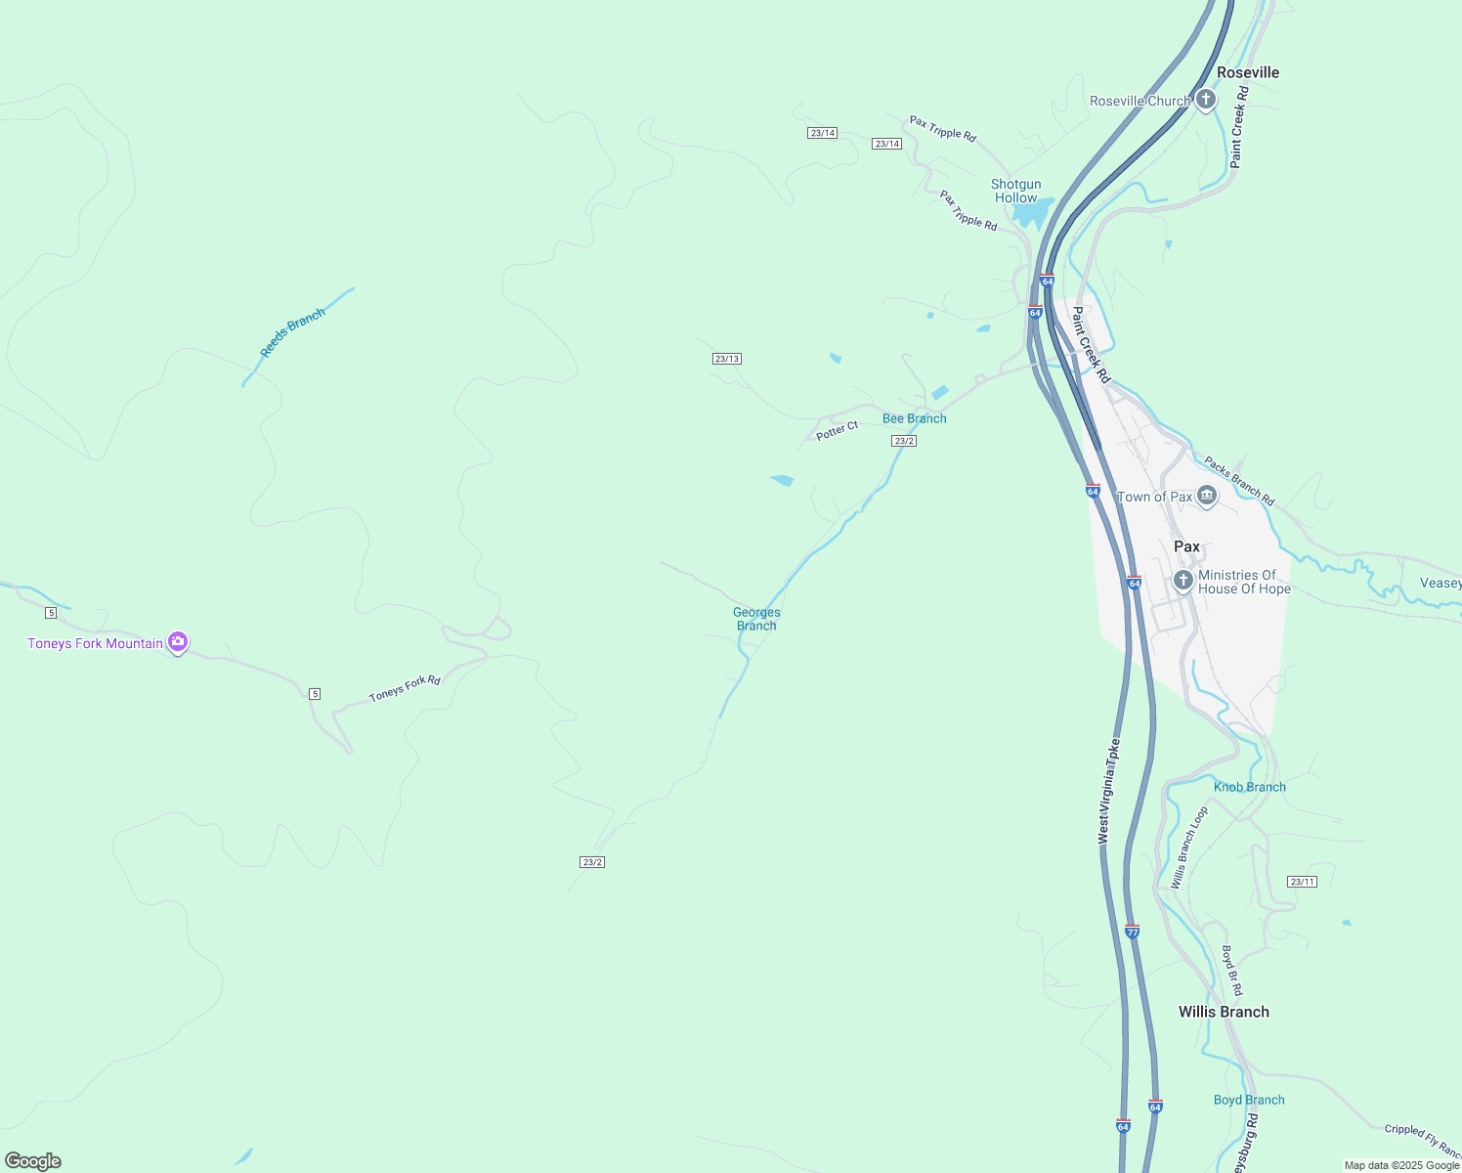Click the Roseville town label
(1247, 72)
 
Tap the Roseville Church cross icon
(1206, 100)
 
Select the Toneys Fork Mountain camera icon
(178, 642)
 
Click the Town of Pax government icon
(1207, 496)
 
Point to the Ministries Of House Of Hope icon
(1183, 581)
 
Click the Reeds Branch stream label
(292, 332)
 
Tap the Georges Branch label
(756, 619)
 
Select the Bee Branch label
(914, 418)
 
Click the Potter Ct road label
(838, 430)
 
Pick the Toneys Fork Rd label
(405, 688)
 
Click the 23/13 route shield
(727, 359)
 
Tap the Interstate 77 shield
(1132, 931)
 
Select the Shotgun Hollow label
(1015, 191)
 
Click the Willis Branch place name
(1224, 1012)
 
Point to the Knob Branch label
(1249, 787)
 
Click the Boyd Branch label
(1249, 1100)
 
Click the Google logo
(33, 1161)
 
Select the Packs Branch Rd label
(1239, 481)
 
